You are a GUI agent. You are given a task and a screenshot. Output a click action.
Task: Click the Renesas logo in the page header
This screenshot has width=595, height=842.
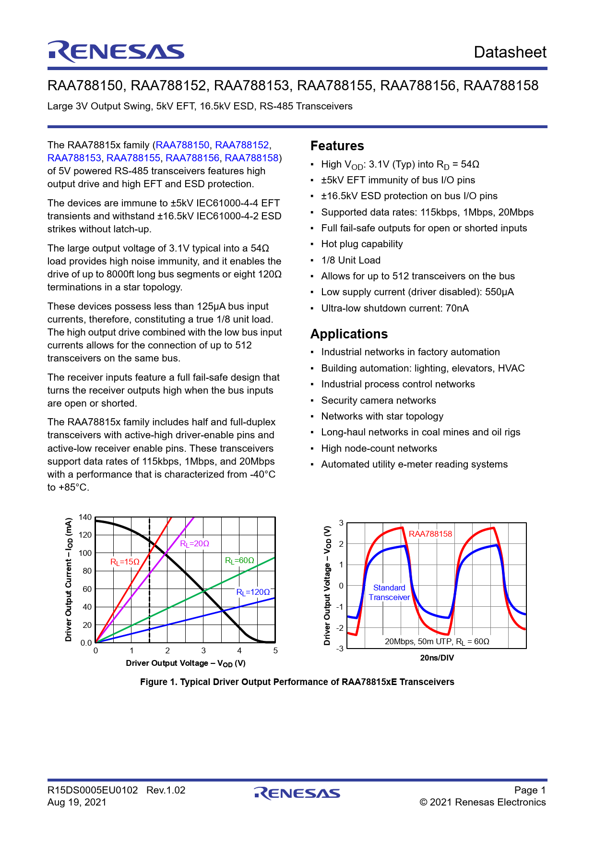116,52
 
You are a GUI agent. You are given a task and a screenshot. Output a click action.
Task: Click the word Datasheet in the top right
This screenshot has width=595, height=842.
510,52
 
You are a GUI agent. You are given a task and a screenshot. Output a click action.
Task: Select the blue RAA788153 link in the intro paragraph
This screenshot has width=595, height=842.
74,158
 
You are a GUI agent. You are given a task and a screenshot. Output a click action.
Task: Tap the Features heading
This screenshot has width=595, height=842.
337,146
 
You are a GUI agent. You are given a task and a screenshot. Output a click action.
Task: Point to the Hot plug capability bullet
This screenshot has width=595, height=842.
362,244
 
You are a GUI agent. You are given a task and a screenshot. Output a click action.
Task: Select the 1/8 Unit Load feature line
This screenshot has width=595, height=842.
351,260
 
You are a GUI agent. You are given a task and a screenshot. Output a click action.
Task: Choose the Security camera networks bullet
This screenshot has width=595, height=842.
378,400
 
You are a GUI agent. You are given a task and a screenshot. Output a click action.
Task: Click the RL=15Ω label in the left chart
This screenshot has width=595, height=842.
125,562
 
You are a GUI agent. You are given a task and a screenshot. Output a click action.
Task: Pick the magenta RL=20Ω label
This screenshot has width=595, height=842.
194,543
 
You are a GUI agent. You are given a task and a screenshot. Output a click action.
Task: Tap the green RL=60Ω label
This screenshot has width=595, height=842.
239,560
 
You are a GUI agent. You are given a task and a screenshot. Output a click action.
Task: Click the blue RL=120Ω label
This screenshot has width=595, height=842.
253,592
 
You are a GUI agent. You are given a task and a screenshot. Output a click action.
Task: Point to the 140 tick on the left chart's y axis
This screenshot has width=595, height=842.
85,517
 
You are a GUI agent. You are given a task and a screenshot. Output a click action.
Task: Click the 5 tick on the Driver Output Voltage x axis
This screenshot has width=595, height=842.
275,651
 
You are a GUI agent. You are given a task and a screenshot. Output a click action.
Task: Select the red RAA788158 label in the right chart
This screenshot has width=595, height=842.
430,534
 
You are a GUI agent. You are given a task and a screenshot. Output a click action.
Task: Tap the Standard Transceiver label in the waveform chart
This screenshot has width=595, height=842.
389,592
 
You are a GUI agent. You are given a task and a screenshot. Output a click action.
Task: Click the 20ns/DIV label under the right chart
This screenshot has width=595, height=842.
437,658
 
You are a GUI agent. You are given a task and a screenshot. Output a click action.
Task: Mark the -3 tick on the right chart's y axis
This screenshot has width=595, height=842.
340,649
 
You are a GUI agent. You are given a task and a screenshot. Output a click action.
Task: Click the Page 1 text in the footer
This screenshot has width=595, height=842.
530,790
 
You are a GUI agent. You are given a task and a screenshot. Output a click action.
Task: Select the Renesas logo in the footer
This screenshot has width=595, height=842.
297,794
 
